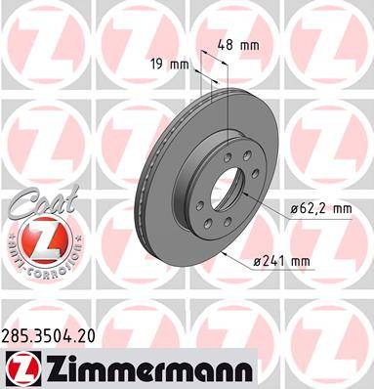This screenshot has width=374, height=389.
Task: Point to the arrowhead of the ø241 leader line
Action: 226,251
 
